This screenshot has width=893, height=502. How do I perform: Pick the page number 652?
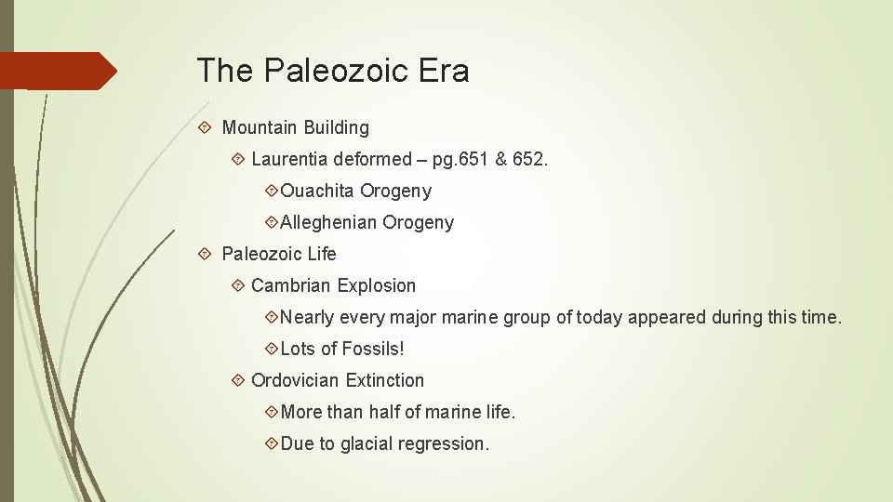530,159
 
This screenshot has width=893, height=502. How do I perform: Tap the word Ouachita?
317,191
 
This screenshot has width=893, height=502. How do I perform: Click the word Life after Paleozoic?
319,254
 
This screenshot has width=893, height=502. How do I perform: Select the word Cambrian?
291,285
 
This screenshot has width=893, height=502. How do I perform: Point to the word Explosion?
377,285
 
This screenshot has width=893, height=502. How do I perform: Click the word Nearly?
307,317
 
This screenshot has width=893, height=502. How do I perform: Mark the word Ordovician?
296,380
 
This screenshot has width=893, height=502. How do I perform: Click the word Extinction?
385,380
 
